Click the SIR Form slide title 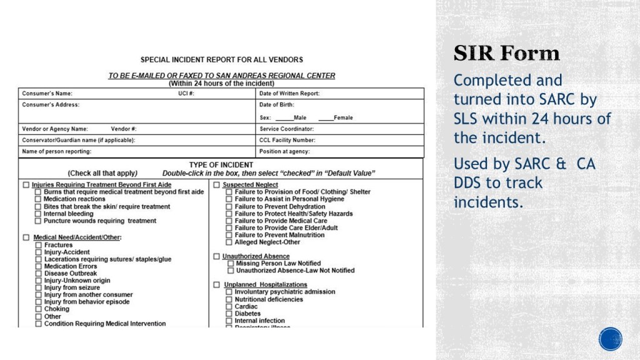506,54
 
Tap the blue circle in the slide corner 610,339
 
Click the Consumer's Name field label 47,93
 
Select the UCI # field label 186,93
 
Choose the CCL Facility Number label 287,140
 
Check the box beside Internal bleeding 38,214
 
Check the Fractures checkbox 39,245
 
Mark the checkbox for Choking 39,309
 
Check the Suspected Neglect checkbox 216,185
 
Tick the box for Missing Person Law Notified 230,264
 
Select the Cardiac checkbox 229,307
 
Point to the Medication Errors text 71,266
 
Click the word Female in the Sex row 343,117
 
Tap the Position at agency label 284,151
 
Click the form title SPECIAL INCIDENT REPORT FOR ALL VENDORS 221,60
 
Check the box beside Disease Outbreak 39,273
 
